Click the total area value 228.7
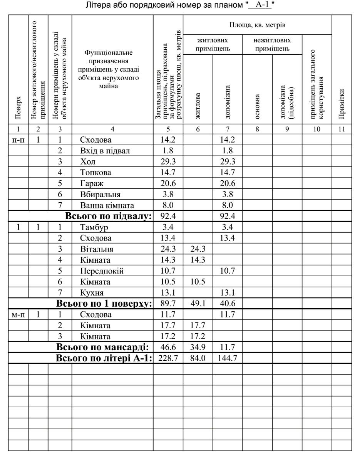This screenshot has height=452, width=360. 168,358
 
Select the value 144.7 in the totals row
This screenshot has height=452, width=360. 228,358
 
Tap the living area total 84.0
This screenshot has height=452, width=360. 198,358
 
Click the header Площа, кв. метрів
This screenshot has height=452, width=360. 257,25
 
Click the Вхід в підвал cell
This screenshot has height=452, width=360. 104,151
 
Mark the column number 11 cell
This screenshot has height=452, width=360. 342,129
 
